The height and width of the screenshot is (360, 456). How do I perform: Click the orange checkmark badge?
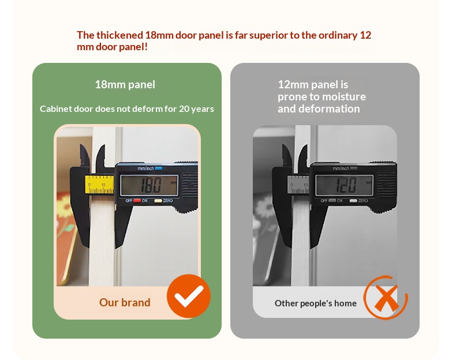tap(188, 296)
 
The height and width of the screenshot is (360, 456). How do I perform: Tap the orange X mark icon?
tap(386, 298)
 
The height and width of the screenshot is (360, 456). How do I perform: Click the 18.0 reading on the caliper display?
tap(151, 185)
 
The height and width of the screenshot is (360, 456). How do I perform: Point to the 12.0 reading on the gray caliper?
tap(346, 185)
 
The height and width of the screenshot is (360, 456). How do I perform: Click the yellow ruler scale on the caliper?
tap(99, 184)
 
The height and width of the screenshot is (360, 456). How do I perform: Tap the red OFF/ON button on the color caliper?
tap(137, 201)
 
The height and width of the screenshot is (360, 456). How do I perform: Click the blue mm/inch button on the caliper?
tap(159, 168)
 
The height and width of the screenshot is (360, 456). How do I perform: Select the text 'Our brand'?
tap(125, 302)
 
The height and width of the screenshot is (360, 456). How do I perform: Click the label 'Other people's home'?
tap(316, 303)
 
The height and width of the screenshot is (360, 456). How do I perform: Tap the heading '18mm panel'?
tap(125, 85)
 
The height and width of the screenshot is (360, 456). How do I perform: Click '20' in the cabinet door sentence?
tap(184, 108)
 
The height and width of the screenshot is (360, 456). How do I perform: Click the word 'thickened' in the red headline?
tap(119, 35)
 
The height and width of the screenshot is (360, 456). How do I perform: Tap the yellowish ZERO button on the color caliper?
tap(158, 201)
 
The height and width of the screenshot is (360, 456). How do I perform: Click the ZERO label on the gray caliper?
tap(363, 201)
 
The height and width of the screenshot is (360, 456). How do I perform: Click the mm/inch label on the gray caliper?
tap(341, 168)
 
